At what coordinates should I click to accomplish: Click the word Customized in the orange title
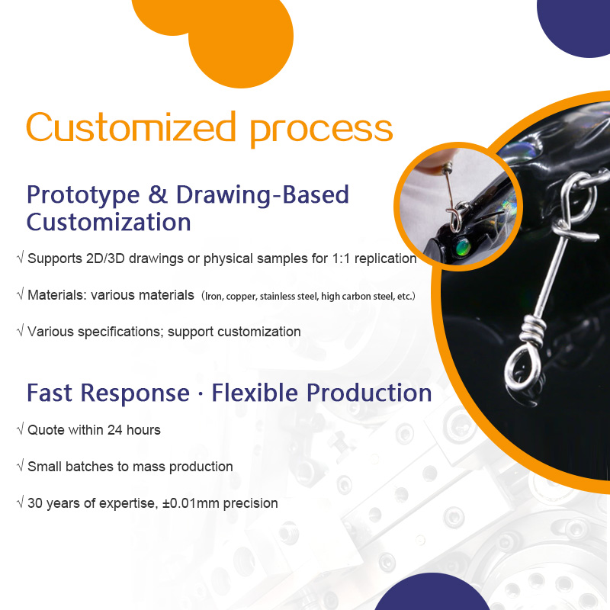coord(131,127)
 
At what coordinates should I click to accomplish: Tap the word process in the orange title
coord(321,131)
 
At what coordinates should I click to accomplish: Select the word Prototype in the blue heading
coord(83,196)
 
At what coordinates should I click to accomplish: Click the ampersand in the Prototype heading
coord(158,194)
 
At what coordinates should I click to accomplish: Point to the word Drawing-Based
coord(262,194)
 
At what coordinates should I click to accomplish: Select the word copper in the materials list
coord(241,297)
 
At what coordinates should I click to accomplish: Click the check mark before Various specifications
coord(21,330)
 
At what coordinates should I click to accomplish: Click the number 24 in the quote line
coord(115,430)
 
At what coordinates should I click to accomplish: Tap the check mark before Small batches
coord(21,465)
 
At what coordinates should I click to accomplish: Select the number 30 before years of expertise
coord(35,503)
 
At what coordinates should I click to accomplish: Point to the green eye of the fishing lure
coord(463,246)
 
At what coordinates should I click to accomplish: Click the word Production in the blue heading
coord(369,393)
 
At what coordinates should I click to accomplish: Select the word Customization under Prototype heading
coord(108,222)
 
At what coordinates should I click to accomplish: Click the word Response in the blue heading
coord(135,393)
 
